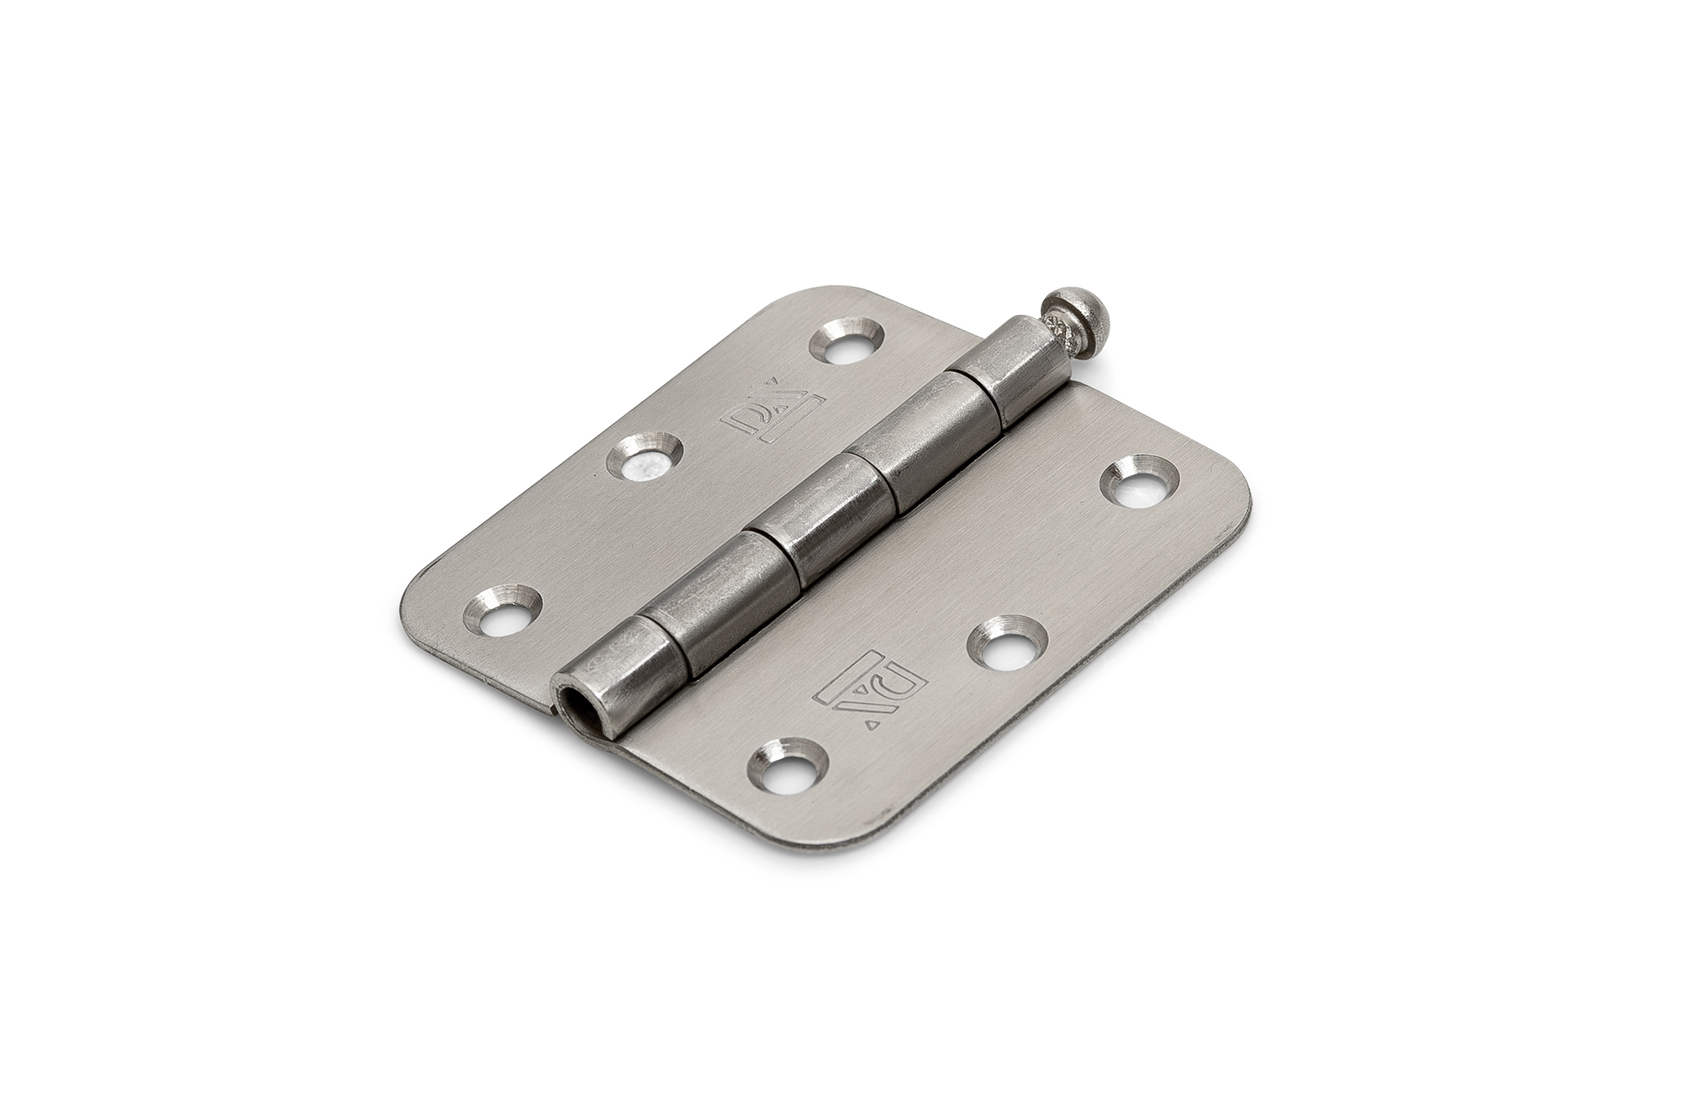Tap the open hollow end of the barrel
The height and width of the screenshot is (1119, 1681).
point(570,697)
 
